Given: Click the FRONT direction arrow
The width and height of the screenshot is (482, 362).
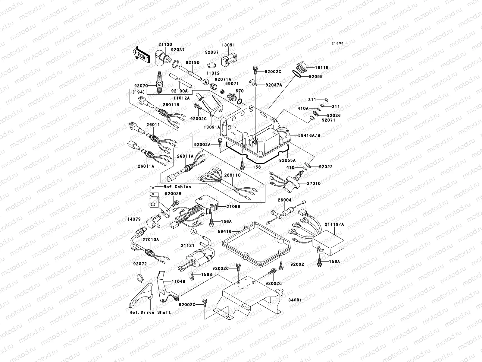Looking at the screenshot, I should tap(142, 55).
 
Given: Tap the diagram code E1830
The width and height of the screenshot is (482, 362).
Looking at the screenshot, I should tap(337, 43).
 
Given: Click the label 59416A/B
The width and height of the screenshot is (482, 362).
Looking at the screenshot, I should tap(309, 135).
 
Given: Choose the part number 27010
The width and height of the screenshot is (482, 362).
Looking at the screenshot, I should tap(314, 183).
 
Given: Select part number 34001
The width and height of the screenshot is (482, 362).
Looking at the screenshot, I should tap(295, 300).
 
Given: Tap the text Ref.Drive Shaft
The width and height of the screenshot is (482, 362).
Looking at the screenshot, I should tap(150, 312).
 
